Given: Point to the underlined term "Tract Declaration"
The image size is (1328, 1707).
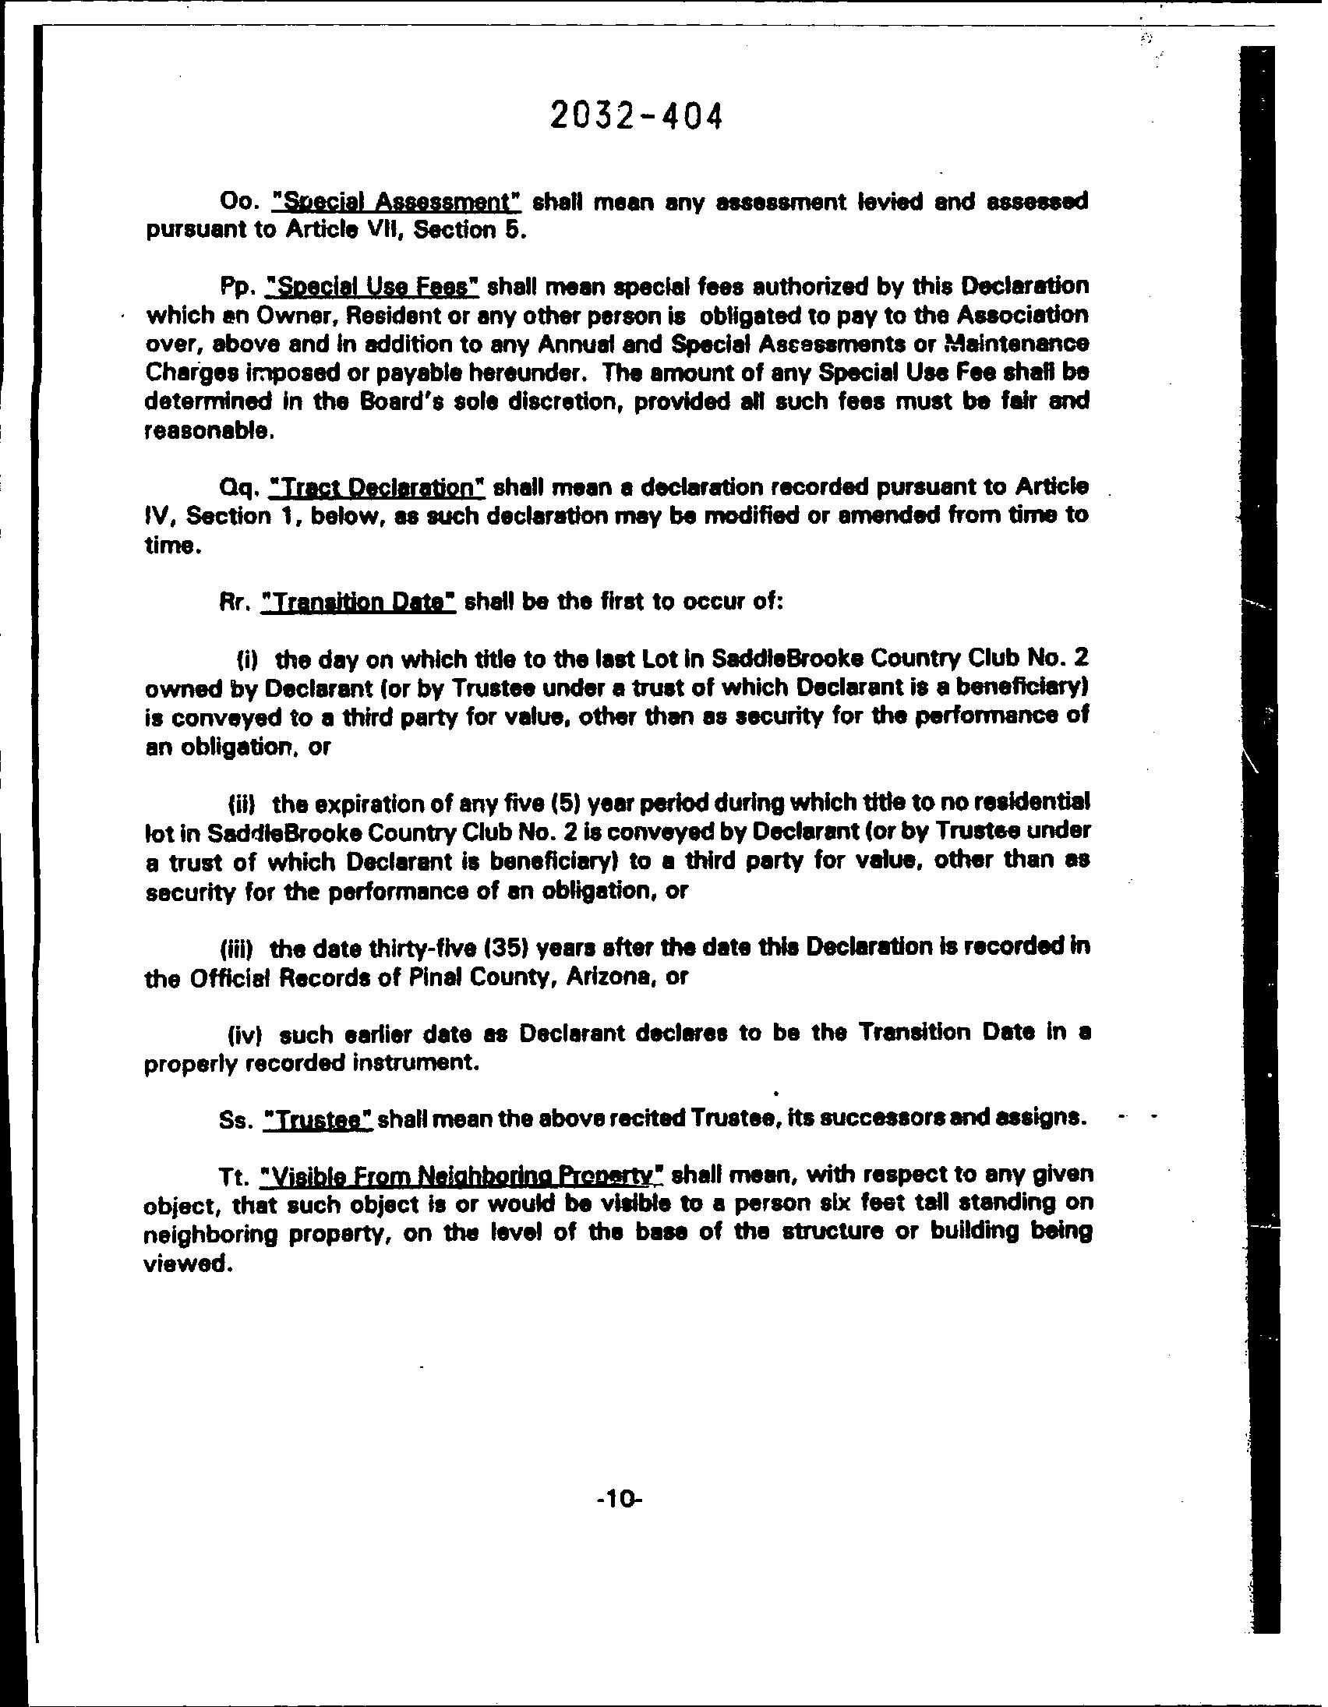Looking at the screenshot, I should [x=376, y=488].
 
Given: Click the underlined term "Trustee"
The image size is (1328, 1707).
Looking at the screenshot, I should [x=318, y=1119].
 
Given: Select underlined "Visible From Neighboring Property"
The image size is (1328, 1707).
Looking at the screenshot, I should [x=464, y=1175].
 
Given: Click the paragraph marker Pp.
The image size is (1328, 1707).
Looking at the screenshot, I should [x=238, y=288].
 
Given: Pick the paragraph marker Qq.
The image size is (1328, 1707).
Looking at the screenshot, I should [x=238, y=489].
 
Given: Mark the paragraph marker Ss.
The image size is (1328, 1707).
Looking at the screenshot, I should [x=237, y=1119].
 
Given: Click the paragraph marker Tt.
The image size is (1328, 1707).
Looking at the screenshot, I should [x=235, y=1175].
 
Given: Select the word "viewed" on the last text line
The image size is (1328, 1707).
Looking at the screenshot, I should [x=188, y=1263].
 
